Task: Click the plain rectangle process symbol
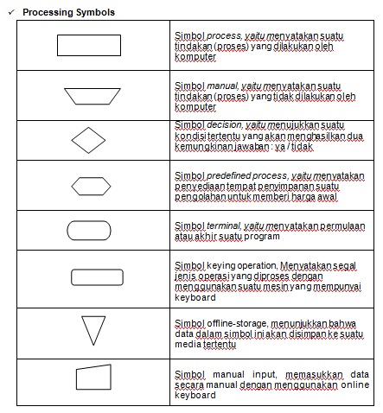pyautogui.click(x=87, y=45)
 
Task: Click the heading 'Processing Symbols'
pyautogui.click(x=68, y=13)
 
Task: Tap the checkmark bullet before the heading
pyautogui.click(x=10, y=13)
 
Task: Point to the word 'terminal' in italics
pyautogui.click(x=217, y=226)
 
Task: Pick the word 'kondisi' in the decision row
pyautogui.click(x=188, y=137)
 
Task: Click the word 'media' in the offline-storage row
pyautogui.click(x=188, y=343)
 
